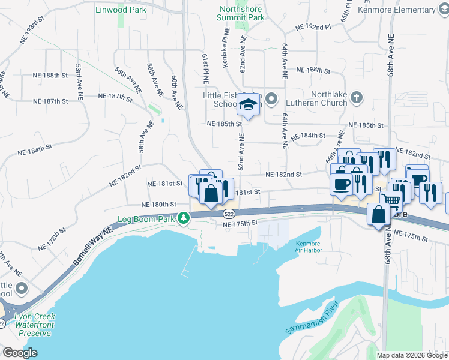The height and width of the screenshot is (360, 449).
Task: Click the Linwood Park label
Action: pos(120,10)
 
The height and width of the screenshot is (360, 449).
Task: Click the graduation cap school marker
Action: pos(247,105)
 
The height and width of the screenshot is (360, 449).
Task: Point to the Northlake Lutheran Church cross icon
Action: pos(356,97)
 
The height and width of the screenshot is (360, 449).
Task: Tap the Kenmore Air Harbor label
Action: pos(309,247)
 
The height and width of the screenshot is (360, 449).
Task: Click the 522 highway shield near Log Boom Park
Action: pos(229,214)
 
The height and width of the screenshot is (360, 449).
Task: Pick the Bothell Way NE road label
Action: pos(92,246)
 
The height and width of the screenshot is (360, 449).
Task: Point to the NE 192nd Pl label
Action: pos(313,28)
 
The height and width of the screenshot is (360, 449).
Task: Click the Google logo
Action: pos(20,353)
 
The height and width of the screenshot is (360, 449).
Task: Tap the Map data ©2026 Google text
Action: pos(411,355)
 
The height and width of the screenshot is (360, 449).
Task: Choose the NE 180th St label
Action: pos(159,205)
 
